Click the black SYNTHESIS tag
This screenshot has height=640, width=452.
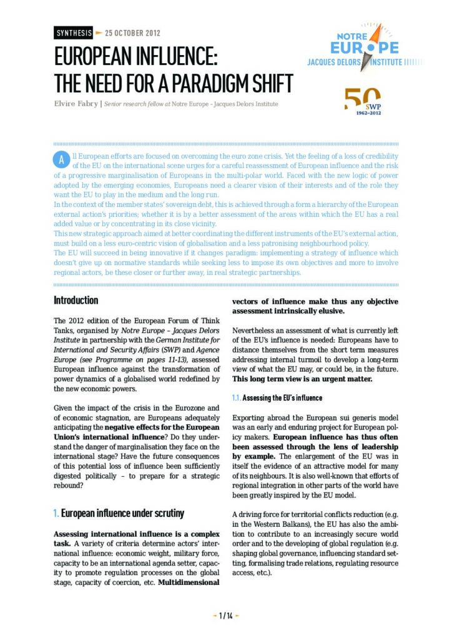pos(73,32)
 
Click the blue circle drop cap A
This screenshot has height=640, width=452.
pos(61,159)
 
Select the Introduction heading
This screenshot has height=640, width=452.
pos(76,301)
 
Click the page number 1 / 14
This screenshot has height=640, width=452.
pos(225,616)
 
